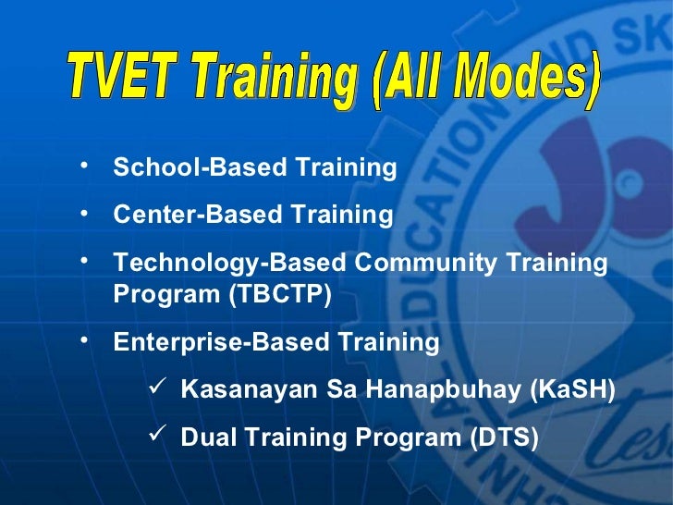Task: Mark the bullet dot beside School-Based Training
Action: [84, 166]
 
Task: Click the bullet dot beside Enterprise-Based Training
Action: [84, 339]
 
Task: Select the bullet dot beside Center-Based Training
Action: [84, 213]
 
